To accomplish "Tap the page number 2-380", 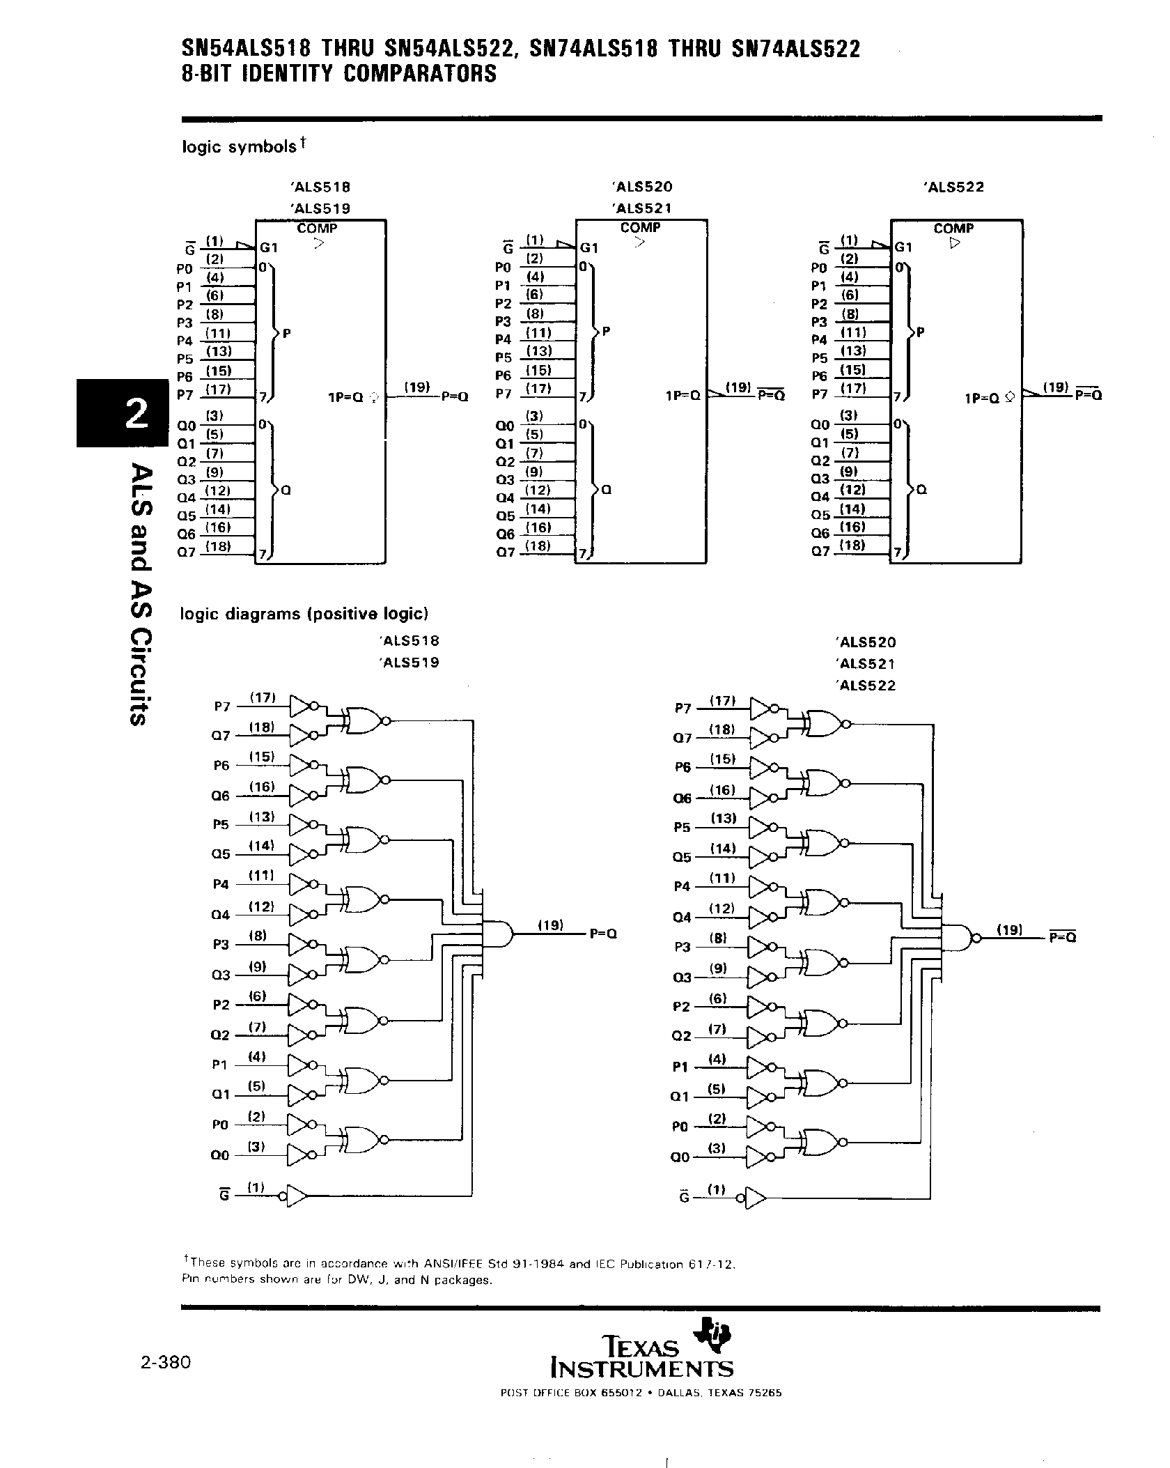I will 165,1361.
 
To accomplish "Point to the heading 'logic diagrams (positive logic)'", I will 304,614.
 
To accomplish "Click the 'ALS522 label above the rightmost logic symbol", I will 953,187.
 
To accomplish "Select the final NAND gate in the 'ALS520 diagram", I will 958,938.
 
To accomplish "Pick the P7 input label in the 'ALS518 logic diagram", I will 221,706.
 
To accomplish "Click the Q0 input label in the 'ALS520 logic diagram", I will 680,1157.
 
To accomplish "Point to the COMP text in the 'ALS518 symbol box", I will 318,228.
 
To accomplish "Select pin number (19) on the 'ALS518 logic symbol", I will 416,387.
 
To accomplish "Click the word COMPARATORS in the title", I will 420,74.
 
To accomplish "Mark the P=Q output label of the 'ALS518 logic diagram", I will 603,935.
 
